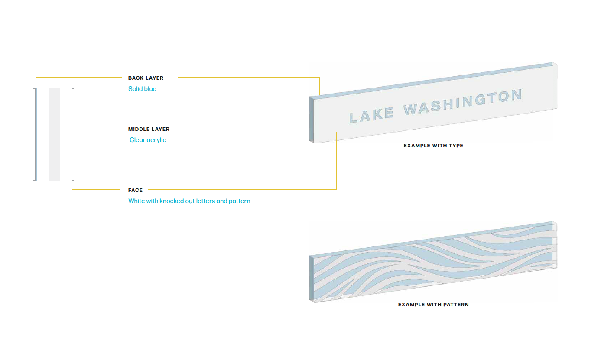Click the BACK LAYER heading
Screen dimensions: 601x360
pos(146,78)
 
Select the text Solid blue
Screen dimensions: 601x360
pos(142,89)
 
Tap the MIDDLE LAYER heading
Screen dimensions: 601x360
pos(149,129)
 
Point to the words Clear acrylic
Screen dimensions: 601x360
pos(148,140)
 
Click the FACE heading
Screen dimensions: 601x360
pos(135,190)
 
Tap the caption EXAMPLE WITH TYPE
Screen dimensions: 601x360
pos(433,146)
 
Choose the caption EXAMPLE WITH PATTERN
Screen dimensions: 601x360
pos(433,305)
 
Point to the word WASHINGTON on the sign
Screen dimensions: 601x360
pos(462,103)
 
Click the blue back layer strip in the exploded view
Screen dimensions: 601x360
pos(36,134)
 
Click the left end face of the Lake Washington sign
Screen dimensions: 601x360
pos(311,119)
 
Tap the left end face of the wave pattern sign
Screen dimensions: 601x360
pos(311,278)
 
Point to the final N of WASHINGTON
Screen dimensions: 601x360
pos(516,95)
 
